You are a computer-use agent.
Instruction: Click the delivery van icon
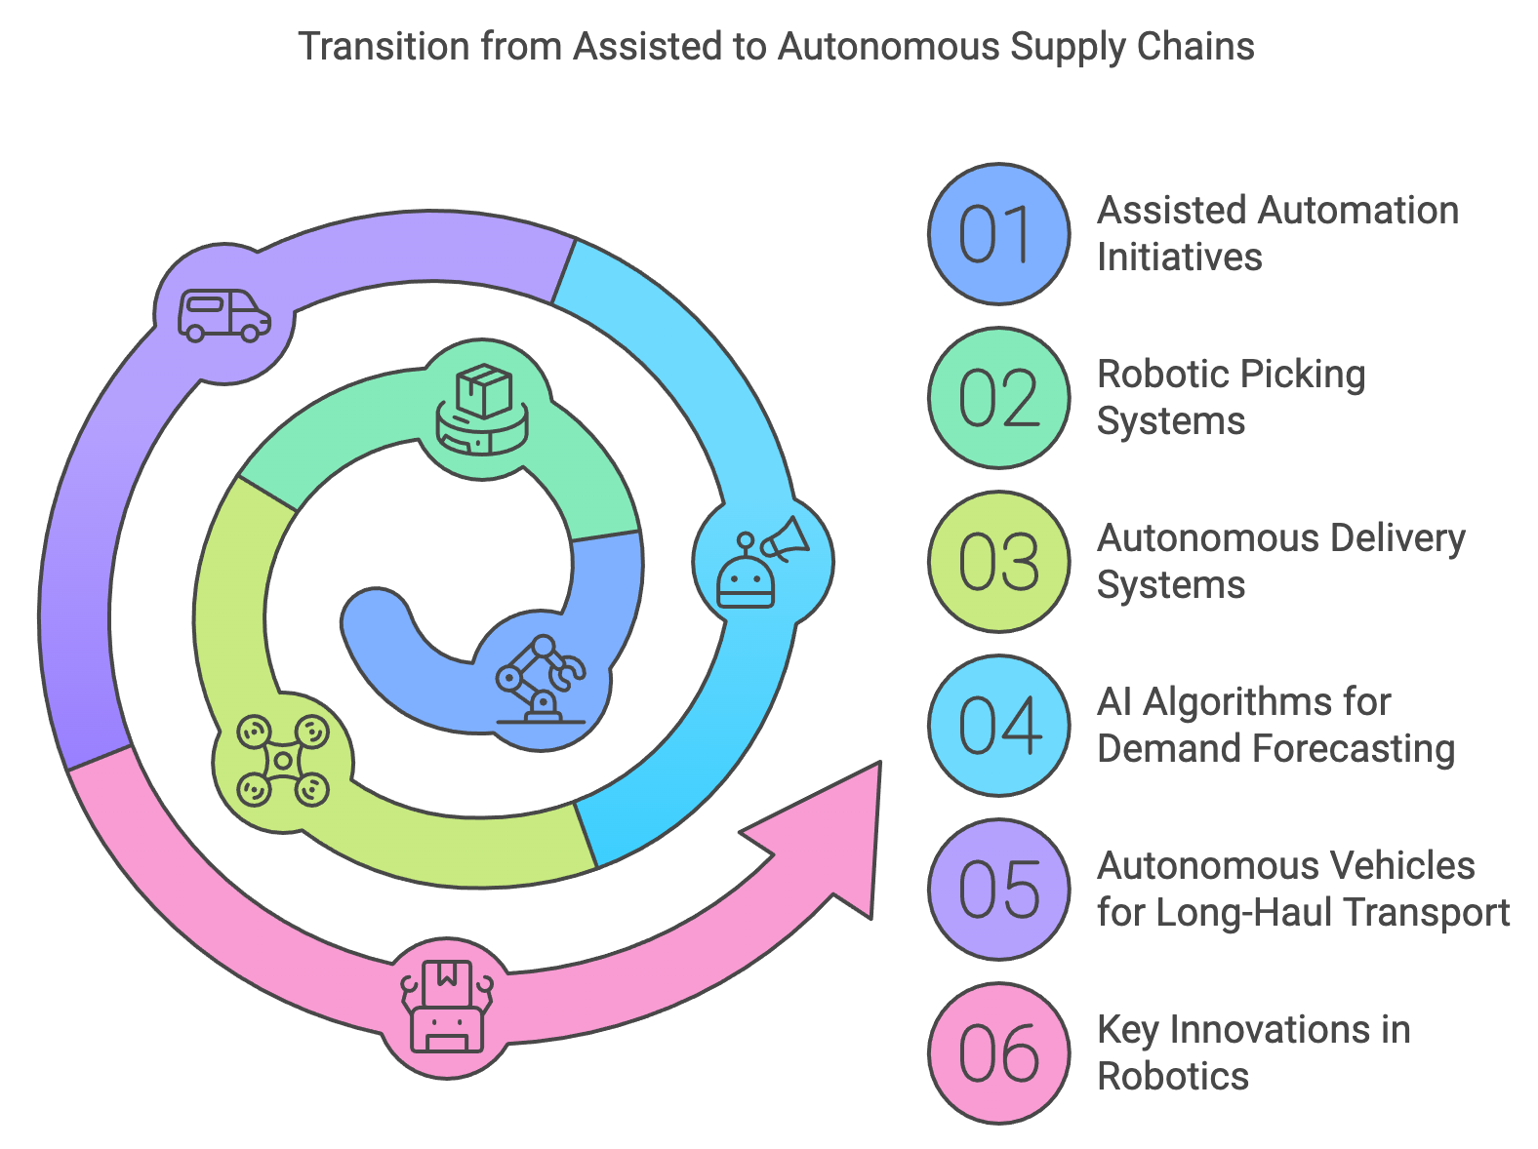(224, 315)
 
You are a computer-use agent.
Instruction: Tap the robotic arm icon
(541, 679)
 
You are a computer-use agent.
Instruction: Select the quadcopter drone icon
(283, 761)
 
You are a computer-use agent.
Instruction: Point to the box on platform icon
(482, 410)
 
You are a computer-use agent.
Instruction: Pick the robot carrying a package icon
(447, 1007)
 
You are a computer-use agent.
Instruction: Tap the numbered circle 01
(998, 234)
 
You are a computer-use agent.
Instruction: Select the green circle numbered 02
(998, 398)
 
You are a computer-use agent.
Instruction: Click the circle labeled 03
(998, 562)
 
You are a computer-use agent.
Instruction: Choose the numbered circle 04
(998, 726)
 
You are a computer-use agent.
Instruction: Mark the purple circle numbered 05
(998, 890)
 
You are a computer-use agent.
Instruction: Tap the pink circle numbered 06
(998, 1053)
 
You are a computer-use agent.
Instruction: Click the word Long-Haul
(1243, 913)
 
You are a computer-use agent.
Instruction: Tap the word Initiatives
(1179, 257)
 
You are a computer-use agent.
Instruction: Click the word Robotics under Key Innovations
(1173, 1076)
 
